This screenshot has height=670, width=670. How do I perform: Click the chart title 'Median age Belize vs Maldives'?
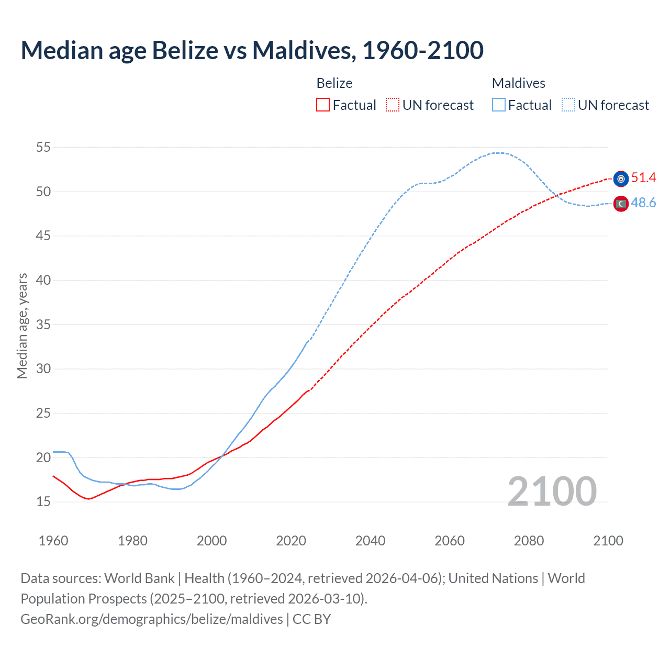pyautogui.click(x=252, y=50)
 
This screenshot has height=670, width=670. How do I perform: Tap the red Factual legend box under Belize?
pyautogui.click(x=323, y=105)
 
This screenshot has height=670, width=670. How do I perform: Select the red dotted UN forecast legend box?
pyautogui.click(x=393, y=105)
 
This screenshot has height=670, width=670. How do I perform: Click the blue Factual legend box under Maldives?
pyautogui.click(x=499, y=105)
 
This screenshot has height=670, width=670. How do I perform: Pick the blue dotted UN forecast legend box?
pyautogui.click(x=568, y=105)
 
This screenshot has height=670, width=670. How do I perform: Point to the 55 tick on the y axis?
pyautogui.click(x=43, y=147)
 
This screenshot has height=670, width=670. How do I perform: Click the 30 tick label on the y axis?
pyautogui.click(x=43, y=368)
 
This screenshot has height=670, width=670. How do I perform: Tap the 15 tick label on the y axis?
pyautogui.click(x=43, y=501)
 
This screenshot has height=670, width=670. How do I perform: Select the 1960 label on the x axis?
pyautogui.click(x=53, y=541)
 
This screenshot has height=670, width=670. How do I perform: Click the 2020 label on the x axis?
pyautogui.click(x=291, y=541)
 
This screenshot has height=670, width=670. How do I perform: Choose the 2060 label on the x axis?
pyautogui.click(x=450, y=541)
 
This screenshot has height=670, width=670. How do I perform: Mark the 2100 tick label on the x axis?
pyautogui.click(x=608, y=541)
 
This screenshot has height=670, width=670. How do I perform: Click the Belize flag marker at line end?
pyautogui.click(x=621, y=179)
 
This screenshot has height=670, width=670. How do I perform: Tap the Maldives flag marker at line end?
pyautogui.click(x=621, y=204)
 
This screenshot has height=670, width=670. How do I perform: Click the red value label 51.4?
pyautogui.click(x=643, y=178)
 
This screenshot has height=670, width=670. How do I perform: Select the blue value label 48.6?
pyautogui.click(x=643, y=203)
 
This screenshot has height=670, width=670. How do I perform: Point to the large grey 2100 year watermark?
pyautogui.click(x=552, y=491)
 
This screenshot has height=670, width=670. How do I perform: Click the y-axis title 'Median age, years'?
pyautogui.click(x=22, y=326)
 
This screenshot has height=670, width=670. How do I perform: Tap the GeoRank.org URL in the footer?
pyautogui.click(x=152, y=619)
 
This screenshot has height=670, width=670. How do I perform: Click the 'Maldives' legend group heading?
pyautogui.click(x=518, y=83)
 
